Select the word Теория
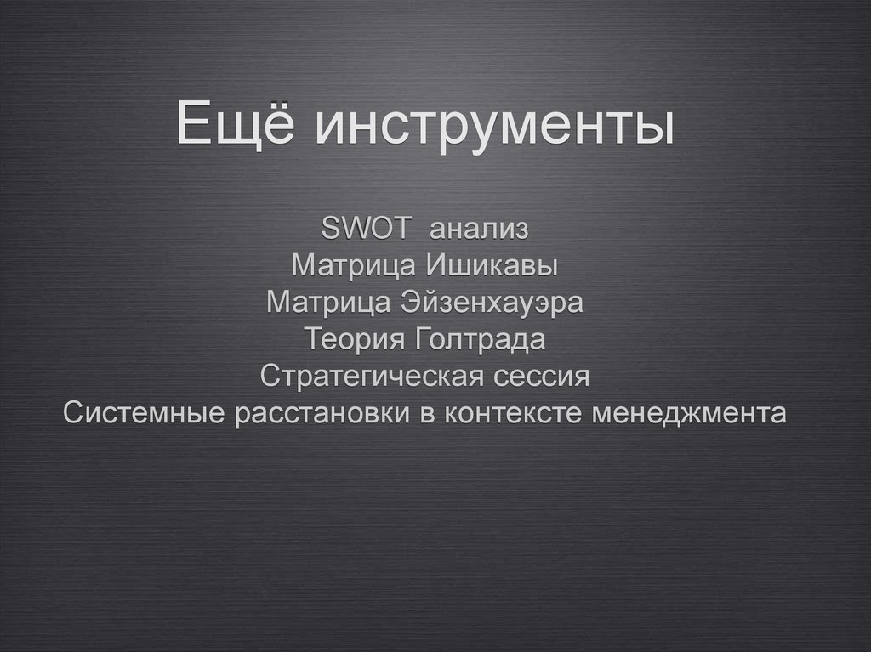coord(356,340)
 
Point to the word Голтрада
coord(480,340)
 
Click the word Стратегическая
coord(376,377)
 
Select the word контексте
coord(515,414)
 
